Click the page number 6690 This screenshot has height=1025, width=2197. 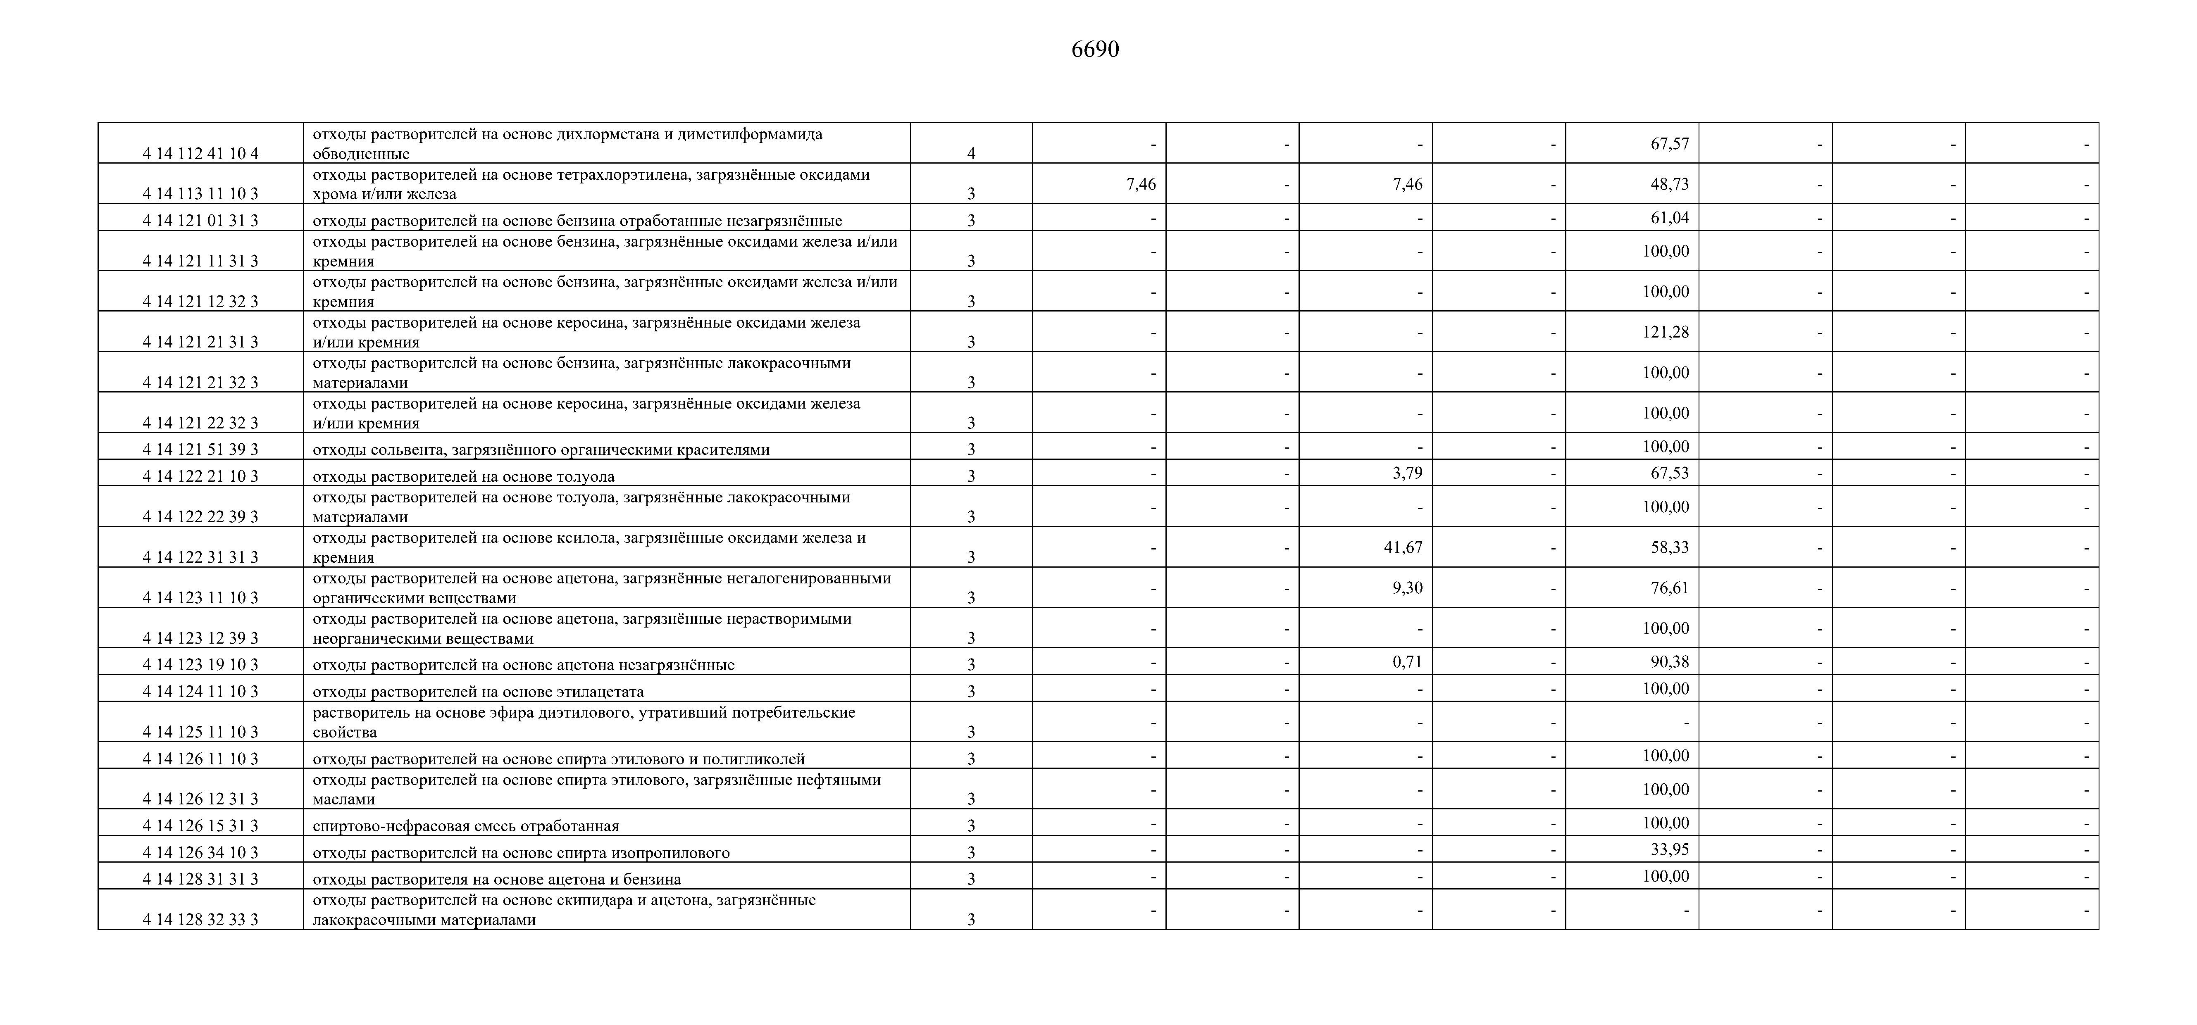1095,50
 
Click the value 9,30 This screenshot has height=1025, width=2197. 1407,587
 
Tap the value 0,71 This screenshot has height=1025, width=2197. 1407,662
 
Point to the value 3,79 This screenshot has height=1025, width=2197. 1407,472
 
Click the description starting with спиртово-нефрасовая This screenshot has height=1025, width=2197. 466,825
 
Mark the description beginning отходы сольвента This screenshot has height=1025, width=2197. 541,449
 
